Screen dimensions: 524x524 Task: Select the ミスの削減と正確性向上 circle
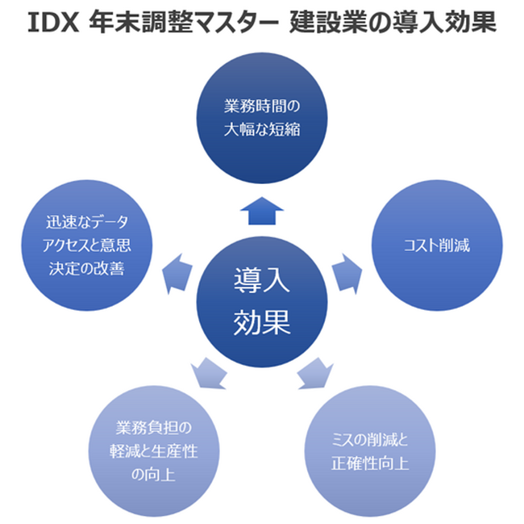point(370,452)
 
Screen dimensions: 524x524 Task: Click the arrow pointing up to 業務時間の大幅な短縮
point(261,210)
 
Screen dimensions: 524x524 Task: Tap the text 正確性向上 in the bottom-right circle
point(370,463)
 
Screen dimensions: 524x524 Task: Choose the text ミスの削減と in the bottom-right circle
point(370,440)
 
